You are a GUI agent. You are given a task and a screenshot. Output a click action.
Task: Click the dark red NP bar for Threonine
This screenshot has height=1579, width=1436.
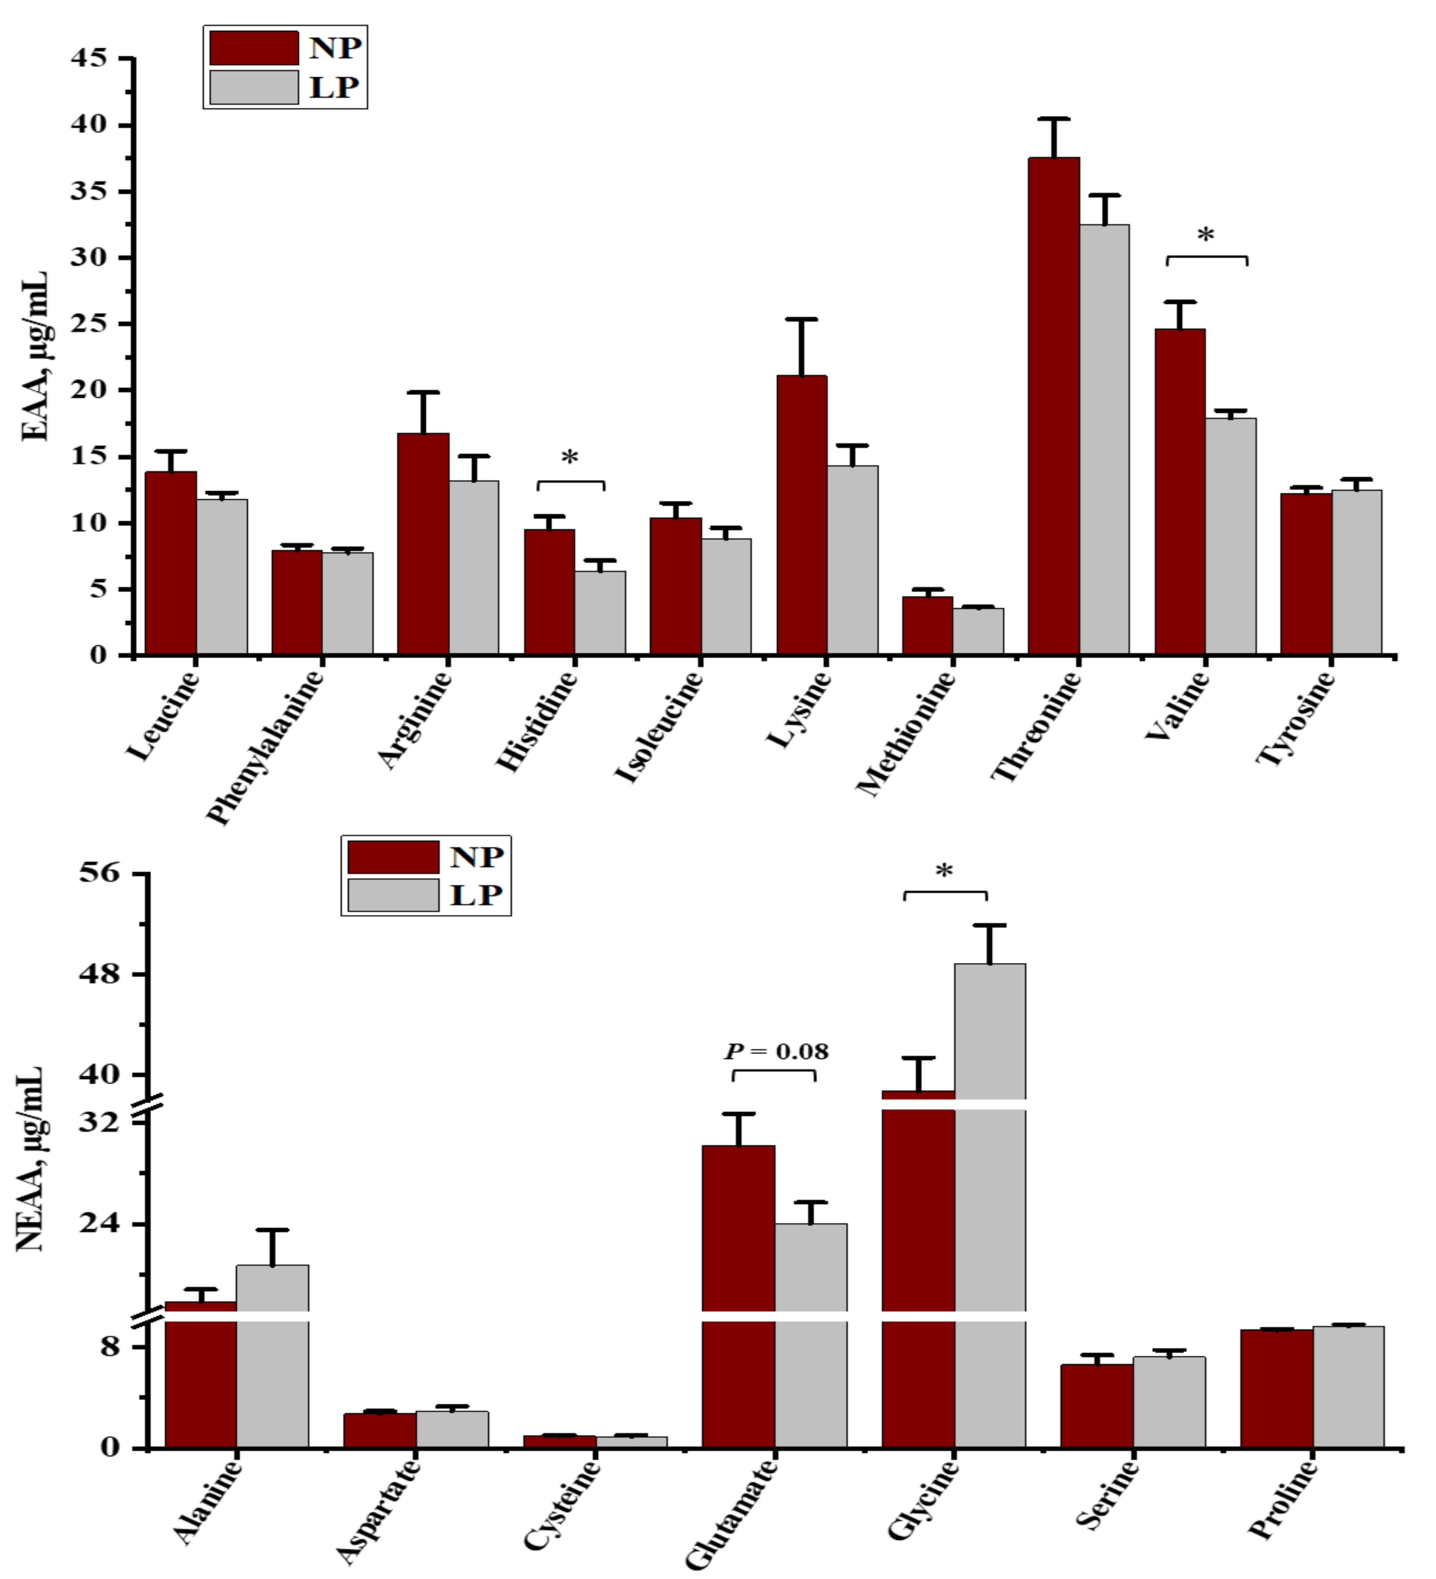tap(1054, 407)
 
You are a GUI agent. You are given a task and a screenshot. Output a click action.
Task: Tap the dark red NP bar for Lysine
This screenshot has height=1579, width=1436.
tap(802, 517)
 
